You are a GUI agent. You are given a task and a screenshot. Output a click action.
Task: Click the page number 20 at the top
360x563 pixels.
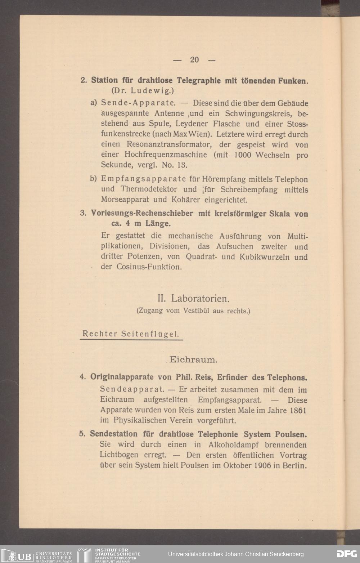194,60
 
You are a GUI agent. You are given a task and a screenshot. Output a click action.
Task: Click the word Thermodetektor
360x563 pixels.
149,189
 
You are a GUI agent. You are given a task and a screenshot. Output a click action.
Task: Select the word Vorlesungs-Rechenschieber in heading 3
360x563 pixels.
142,214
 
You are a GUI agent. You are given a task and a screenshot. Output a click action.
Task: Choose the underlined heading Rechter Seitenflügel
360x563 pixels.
131,334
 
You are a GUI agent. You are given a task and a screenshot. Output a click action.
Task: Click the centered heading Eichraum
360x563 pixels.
193,359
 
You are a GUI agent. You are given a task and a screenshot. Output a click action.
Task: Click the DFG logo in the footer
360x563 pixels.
346,554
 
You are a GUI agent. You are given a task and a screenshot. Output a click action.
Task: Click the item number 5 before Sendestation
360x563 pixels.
82,434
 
